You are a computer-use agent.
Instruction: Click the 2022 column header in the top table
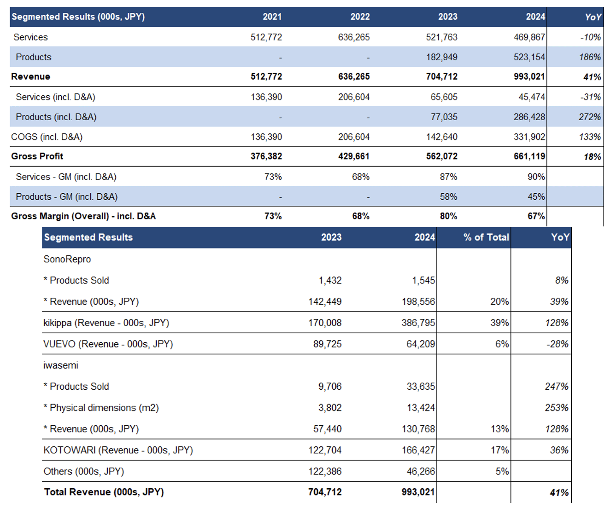click(360, 17)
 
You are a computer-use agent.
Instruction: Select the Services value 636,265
click(353, 37)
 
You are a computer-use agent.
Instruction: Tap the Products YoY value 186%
click(590, 57)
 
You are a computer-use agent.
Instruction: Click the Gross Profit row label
click(37, 156)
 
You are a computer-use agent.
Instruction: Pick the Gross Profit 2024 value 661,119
click(529, 156)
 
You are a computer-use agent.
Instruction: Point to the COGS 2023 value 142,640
click(441, 137)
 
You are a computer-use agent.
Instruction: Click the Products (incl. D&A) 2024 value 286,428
click(529, 117)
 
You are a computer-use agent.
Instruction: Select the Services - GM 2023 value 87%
click(448, 177)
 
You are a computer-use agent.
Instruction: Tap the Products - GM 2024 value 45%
click(536, 196)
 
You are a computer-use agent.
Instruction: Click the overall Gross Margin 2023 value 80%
click(448, 216)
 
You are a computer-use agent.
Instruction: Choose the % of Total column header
click(486, 237)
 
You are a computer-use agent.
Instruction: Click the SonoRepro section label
click(67, 259)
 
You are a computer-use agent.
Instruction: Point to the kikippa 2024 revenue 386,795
click(418, 323)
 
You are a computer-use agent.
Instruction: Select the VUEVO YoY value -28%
click(557, 344)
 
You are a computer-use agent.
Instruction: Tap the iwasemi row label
click(60, 365)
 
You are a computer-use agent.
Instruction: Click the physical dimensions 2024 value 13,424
click(421, 408)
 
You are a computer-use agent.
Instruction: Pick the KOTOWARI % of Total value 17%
click(499, 450)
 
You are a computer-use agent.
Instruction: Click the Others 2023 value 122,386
click(325, 471)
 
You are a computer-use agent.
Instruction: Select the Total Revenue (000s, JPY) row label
click(104, 492)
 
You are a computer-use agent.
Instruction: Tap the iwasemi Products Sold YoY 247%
click(557, 387)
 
